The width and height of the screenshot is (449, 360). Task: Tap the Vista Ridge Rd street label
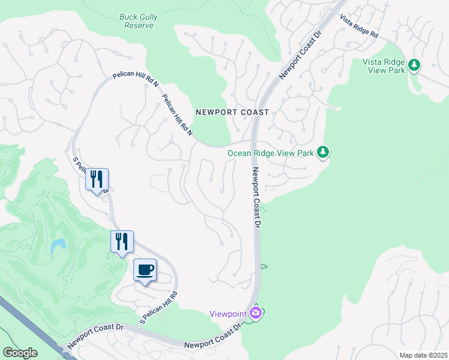click(359, 26)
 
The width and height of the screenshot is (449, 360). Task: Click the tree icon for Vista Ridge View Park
click(414, 64)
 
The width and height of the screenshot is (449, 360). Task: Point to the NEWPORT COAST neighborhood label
click(232, 112)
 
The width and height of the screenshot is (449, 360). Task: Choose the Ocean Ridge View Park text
click(271, 153)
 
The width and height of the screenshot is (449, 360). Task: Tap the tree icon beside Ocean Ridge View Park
click(323, 152)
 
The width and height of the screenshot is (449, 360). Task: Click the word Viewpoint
click(228, 313)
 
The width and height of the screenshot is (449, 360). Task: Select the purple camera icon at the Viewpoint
click(256, 313)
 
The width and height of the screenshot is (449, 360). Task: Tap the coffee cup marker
click(145, 270)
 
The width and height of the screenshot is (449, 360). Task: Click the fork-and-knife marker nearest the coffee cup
click(122, 242)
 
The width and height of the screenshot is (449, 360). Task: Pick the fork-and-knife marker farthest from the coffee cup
click(97, 179)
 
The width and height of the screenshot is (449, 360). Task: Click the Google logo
click(20, 353)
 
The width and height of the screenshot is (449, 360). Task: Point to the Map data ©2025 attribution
click(423, 355)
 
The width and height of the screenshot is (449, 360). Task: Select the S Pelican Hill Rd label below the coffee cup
click(159, 307)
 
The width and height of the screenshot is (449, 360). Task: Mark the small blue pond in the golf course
click(58, 245)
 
